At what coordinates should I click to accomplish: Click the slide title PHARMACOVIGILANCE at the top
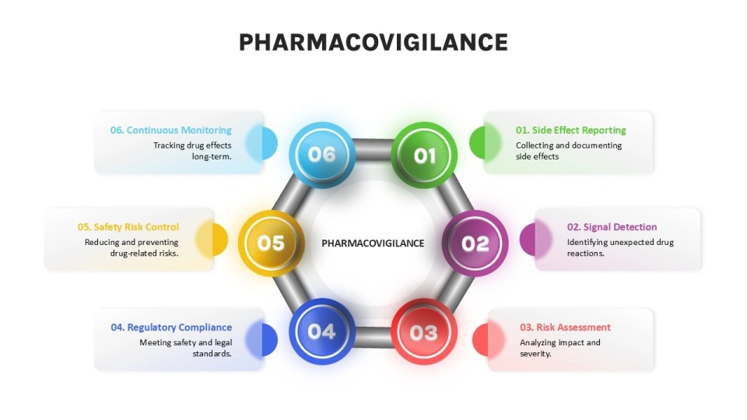click(x=373, y=42)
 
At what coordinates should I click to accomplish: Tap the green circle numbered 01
click(x=423, y=155)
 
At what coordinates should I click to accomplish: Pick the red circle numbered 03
click(x=423, y=332)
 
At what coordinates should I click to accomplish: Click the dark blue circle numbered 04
click(x=321, y=331)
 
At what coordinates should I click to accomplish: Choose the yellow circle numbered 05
click(x=271, y=243)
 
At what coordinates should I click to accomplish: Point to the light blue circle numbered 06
click(x=321, y=154)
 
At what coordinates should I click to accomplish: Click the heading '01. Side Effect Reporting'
click(x=570, y=130)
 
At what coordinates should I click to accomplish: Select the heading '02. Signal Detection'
click(x=612, y=227)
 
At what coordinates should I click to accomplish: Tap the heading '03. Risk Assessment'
click(x=565, y=327)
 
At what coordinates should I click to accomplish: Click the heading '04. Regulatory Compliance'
click(x=171, y=327)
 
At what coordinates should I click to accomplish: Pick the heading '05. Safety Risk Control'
click(x=128, y=227)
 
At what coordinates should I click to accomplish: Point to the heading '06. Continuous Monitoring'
click(x=171, y=130)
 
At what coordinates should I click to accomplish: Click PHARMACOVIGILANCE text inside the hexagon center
click(x=373, y=243)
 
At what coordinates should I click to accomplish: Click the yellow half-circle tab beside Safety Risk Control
click(x=219, y=240)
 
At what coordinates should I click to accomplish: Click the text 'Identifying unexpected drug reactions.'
click(x=619, y=247)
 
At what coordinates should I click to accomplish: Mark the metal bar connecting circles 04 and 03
click(x=373, y=336)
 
